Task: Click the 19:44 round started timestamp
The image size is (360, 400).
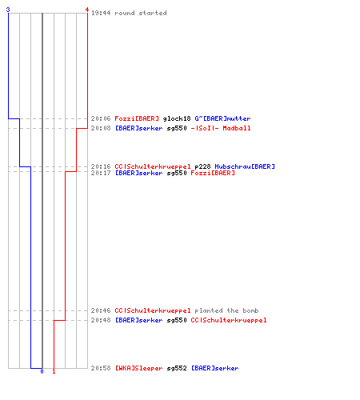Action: [x=101, y=13]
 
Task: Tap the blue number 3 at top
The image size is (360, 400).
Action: [x=8, y=10]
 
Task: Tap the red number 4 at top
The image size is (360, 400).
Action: [x=87, y=10]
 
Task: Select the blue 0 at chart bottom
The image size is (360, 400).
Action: [x=42, y=371]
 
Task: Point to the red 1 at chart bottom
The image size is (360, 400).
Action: [x=54, y=371]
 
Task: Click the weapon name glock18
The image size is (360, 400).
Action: [x=177, y=118]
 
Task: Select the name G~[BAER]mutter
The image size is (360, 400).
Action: [x=222, y=118]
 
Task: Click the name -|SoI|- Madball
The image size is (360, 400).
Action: [x=221, y=128]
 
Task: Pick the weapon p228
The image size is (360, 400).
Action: [x=202, y=166]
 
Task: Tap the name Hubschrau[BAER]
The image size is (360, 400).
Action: [x=245, y=166]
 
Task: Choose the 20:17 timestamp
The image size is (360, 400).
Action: [x=101, y=173]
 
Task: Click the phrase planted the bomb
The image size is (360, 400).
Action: [x=226, y=310]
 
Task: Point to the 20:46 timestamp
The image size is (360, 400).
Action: [x=101, y=310]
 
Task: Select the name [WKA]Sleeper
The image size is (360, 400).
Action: [x=138, y=368]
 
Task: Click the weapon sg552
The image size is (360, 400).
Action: [x=177, y=368]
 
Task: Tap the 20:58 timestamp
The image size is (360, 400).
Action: [x=101, y=368]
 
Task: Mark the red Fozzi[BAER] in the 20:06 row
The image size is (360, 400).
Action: [x=137, y=118]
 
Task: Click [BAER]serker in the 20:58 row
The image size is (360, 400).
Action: [x=215, y=368]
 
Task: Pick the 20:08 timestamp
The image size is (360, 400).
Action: [x=101, y=128]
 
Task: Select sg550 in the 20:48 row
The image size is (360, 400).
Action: [x=177, y=320]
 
